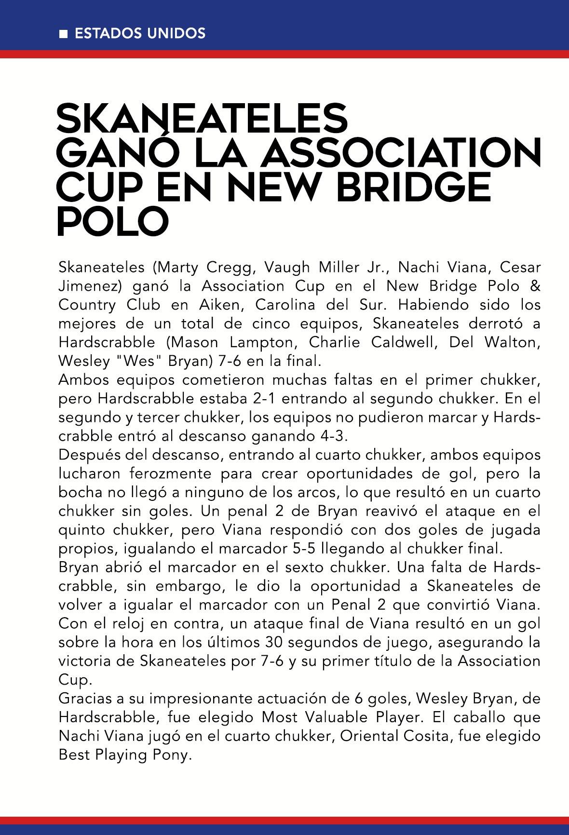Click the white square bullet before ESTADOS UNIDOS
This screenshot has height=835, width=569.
[x=62, y=34]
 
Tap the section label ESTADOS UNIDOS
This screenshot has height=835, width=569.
[x=140, y=33]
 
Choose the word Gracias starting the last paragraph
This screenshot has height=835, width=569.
[x=90, y=699]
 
